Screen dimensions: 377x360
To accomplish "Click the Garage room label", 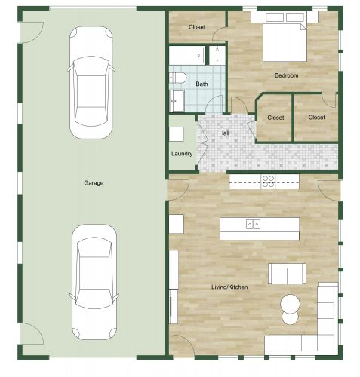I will pos(94,182).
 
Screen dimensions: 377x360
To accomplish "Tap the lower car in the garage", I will pos(94,283).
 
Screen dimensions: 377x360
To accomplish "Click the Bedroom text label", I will pos(286,75).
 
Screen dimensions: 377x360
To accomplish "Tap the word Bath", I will pos(202,84).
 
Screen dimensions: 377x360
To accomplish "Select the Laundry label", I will pos(182,154).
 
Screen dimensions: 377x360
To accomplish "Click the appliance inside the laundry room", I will pos(176,134).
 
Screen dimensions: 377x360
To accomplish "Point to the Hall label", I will pos(224,133).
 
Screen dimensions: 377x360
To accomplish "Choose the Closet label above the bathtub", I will pos(197,27).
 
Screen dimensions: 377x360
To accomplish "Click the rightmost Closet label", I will pos(316,118).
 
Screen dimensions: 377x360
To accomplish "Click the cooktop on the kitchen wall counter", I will pos(268,180).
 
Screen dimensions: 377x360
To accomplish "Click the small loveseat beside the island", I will pos(287,273).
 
